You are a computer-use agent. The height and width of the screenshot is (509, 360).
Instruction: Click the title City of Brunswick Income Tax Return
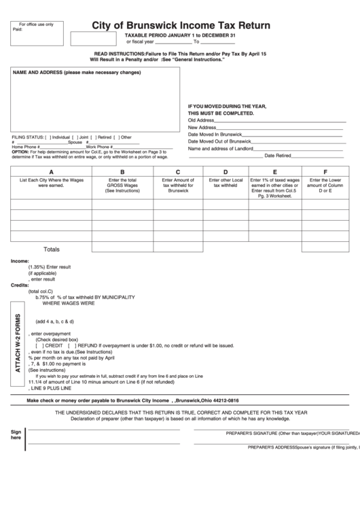[x=181, y=26]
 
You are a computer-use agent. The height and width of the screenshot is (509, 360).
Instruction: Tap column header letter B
[x=122, y=172]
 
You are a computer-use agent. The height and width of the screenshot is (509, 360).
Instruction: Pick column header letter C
[x=178, y=172]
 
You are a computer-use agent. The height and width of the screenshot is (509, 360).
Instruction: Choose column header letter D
[x=226, y=172]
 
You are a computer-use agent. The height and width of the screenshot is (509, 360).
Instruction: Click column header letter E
[x=274, y=172]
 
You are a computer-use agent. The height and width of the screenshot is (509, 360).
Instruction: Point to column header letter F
[x=325, y=172]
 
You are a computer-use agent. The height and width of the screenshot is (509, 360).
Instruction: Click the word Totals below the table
[x=52, y=249]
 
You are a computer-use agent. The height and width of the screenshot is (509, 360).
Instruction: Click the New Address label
[x=202, y=127]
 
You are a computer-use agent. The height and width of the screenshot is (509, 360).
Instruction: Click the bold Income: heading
[x=20, y=261]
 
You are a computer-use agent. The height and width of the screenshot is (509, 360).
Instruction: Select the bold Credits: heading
[x=20, y=285]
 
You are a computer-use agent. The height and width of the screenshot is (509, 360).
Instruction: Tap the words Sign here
[x=16, y=435]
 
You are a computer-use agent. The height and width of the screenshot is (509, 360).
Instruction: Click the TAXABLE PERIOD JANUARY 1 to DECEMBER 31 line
[x=179, y=35]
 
